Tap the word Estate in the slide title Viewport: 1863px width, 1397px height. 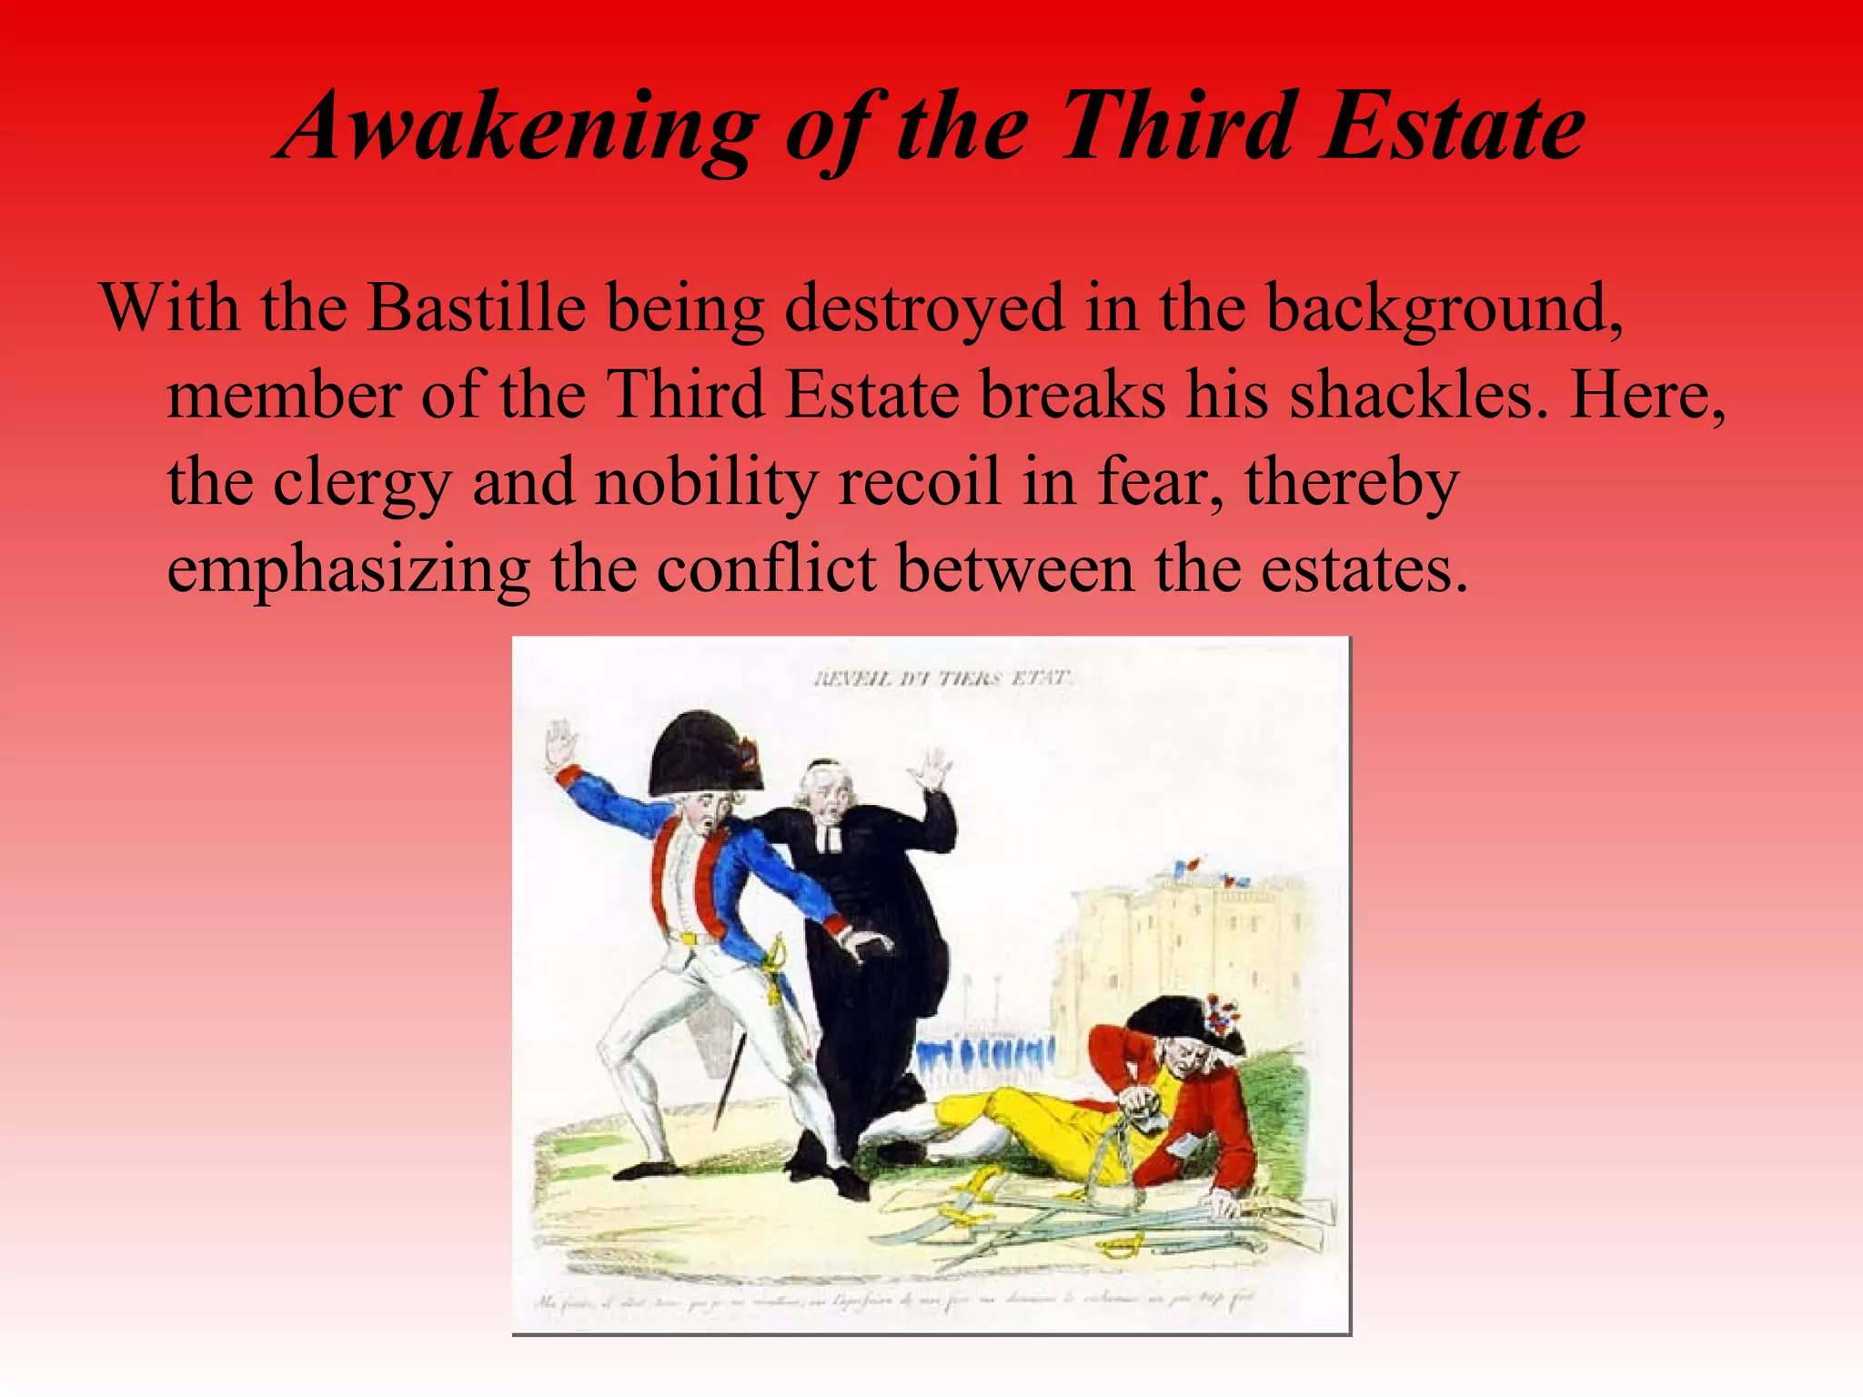pos(1453,127)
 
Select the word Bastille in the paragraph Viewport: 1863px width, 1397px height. pos(476,308)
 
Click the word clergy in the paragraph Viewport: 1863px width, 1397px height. pos(361,483)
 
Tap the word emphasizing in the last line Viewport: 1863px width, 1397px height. pos(348,570)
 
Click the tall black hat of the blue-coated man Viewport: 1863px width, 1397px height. pos(700,753)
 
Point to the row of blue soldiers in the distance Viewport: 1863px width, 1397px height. pos(987,1057)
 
